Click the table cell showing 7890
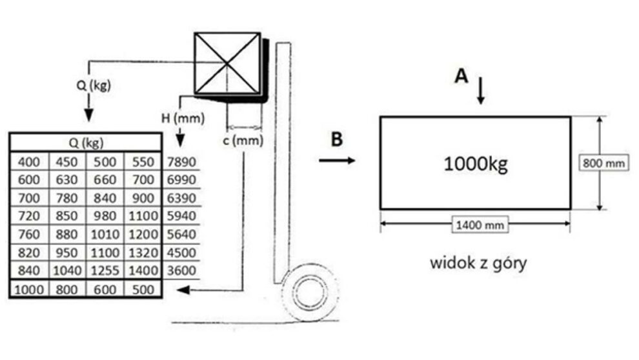[182, 162]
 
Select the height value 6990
[182, 179]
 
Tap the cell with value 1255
[105, 270]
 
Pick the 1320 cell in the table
[143, 253]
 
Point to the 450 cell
[67, 162]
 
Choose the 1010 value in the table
[105, 235]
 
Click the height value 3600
[182, 270]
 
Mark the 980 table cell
[105, 216]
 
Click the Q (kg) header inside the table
[86, 143]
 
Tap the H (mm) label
[183, 119]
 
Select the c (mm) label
[243, 141]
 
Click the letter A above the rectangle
[462, 76]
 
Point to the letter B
[337, 139]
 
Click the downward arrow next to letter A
[481, 90]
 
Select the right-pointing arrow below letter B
[337, 161]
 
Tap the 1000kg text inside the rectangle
[476, 164]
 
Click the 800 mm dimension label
[603, 163]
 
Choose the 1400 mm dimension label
[480, 225]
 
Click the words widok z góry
[478, 263]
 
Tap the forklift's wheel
[310, 292]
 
